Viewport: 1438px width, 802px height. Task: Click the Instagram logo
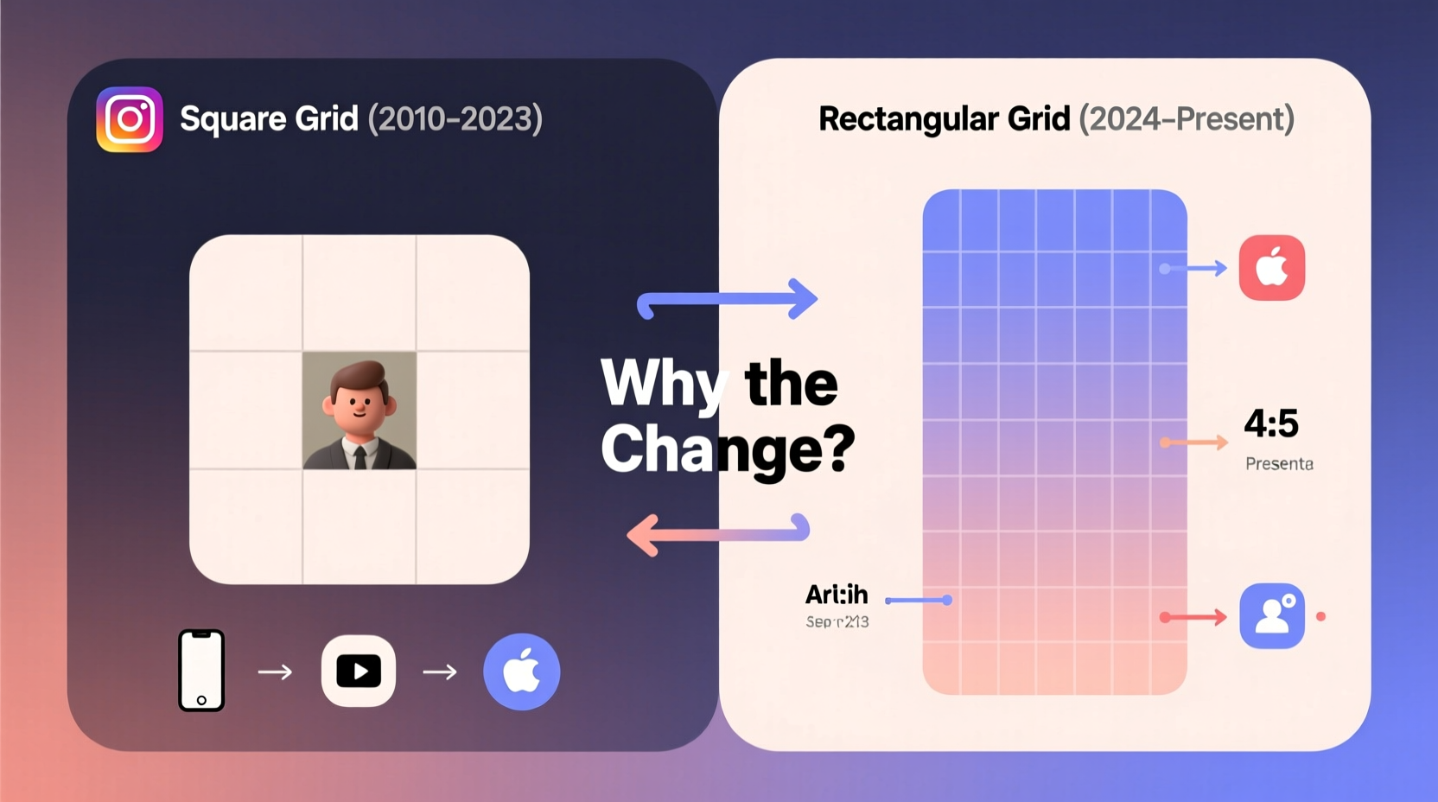click(x=130, y=119)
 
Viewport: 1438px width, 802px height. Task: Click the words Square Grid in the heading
click(x=269, y=119)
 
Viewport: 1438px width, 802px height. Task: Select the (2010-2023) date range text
click(x=455, y=119)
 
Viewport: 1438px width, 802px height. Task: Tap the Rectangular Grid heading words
click(x=944, y=119)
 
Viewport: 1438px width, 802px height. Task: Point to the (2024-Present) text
click(x=1187, y=119)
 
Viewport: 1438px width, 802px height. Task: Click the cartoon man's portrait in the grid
click(x=359, y=411)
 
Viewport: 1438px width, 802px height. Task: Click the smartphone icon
click(x=201, y=671)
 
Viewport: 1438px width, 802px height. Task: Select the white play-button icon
click(x=359, y=672)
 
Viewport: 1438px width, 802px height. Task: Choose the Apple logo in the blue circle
click(x=521, y=672)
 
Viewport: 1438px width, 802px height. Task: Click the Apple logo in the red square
click(x=1271, y=268)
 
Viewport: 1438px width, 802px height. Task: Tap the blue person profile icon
click(x=1271, y=616)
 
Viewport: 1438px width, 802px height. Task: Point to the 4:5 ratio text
click(x=1271, y=423)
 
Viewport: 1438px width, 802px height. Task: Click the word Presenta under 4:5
click(x=1279, y=464)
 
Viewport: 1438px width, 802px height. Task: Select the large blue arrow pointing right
click(x=728, y=301)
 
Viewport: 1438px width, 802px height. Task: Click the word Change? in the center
click(x=728, y=449)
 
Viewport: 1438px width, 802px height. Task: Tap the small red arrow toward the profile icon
click(x=1194, y=617)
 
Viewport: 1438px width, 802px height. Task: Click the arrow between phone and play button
click(x=275, y=672)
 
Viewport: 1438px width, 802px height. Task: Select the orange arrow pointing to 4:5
click(x=1194, y=442)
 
